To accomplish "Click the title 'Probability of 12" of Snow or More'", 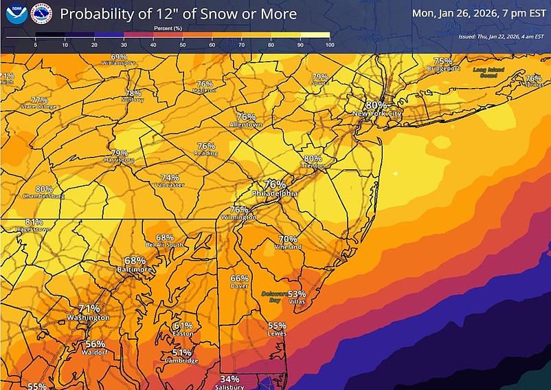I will pyautogui.click(x=179, y=14).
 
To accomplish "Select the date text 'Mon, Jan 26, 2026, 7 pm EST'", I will pyautogui.click(x=479, y=12).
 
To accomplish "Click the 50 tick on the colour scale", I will pyautogui.click(x=182, y=45).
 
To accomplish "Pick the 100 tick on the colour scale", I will pyautogui.click(x=329, y=45).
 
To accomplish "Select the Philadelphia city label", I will pyautogui.click(x=275, y=194).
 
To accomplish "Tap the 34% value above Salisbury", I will pyautogui.click(x=230, y=379).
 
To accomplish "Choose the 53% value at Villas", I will pyautogui.click(x=297, y=294).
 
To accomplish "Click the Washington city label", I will pyautogui.click(x=88, y=318).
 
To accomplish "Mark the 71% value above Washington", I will pyautogui.click(x=89, y=309).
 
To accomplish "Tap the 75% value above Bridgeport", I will pyautogui.click(x=443, y=61).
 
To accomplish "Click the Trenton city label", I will pyautogui.click(x=313, y=166).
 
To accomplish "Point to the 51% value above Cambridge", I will pyautogui.click(x=181, y=352).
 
